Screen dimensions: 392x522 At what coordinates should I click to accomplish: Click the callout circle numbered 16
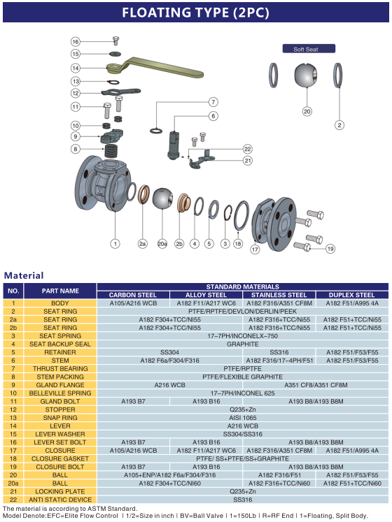pyautogui.click(x=76, y=42)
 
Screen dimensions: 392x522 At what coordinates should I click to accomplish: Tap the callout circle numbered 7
pyautogui.click(x=213, y=102)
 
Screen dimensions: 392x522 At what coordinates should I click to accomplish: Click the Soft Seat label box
pyautogui.click(x=309, y=49)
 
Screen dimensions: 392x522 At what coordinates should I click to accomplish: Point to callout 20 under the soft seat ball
pyautogui.click(x=307, y=112)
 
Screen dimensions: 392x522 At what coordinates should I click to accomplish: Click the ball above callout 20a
pyautogui.click(x=162, y=198)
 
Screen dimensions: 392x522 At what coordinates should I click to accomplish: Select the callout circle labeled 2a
pyautogui.click(x=143, y=244)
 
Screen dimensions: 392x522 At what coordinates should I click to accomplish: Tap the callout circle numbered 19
pyautogui.click(x=330, y=249)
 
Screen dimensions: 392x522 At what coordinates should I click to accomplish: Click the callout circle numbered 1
pyautogui.click(x=115, y=244)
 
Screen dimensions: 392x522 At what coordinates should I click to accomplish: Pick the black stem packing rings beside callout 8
pyautogui.click(x=112, y=151)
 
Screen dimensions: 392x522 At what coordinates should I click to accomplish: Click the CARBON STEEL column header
pyautogui.click(x=133, y=295)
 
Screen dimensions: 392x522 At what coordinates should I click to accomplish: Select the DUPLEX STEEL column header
pyautogui.click(x=352, y=295)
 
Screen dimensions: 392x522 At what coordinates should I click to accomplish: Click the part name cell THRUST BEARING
pyautogui.click(x=60, y=368)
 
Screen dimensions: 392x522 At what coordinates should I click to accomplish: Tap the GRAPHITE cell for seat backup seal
pyautogui.click(x=242, y=344)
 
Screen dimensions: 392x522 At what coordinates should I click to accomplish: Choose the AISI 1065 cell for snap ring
pyautogui.click(x=242, y=417)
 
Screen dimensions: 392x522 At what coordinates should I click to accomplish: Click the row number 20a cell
pyautogui.click(x=13, y=483)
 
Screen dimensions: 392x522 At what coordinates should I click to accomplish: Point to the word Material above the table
pyautogui.click(x=24, y=275)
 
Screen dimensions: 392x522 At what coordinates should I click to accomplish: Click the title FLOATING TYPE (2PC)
pyautogui.click(x=195, y=13)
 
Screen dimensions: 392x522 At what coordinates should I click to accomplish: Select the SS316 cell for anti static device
pyautogui.click(x=242, y=500)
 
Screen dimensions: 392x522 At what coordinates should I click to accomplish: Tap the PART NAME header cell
pyautogui.click(x=60, y=291)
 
